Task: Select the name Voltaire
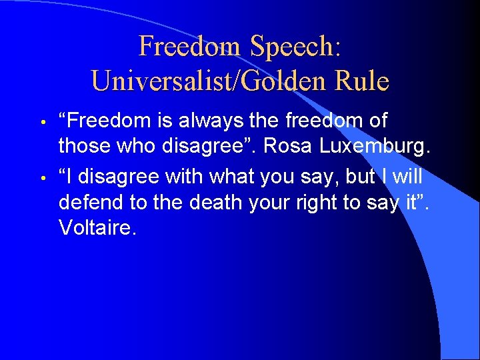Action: [x=97, y=228]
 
